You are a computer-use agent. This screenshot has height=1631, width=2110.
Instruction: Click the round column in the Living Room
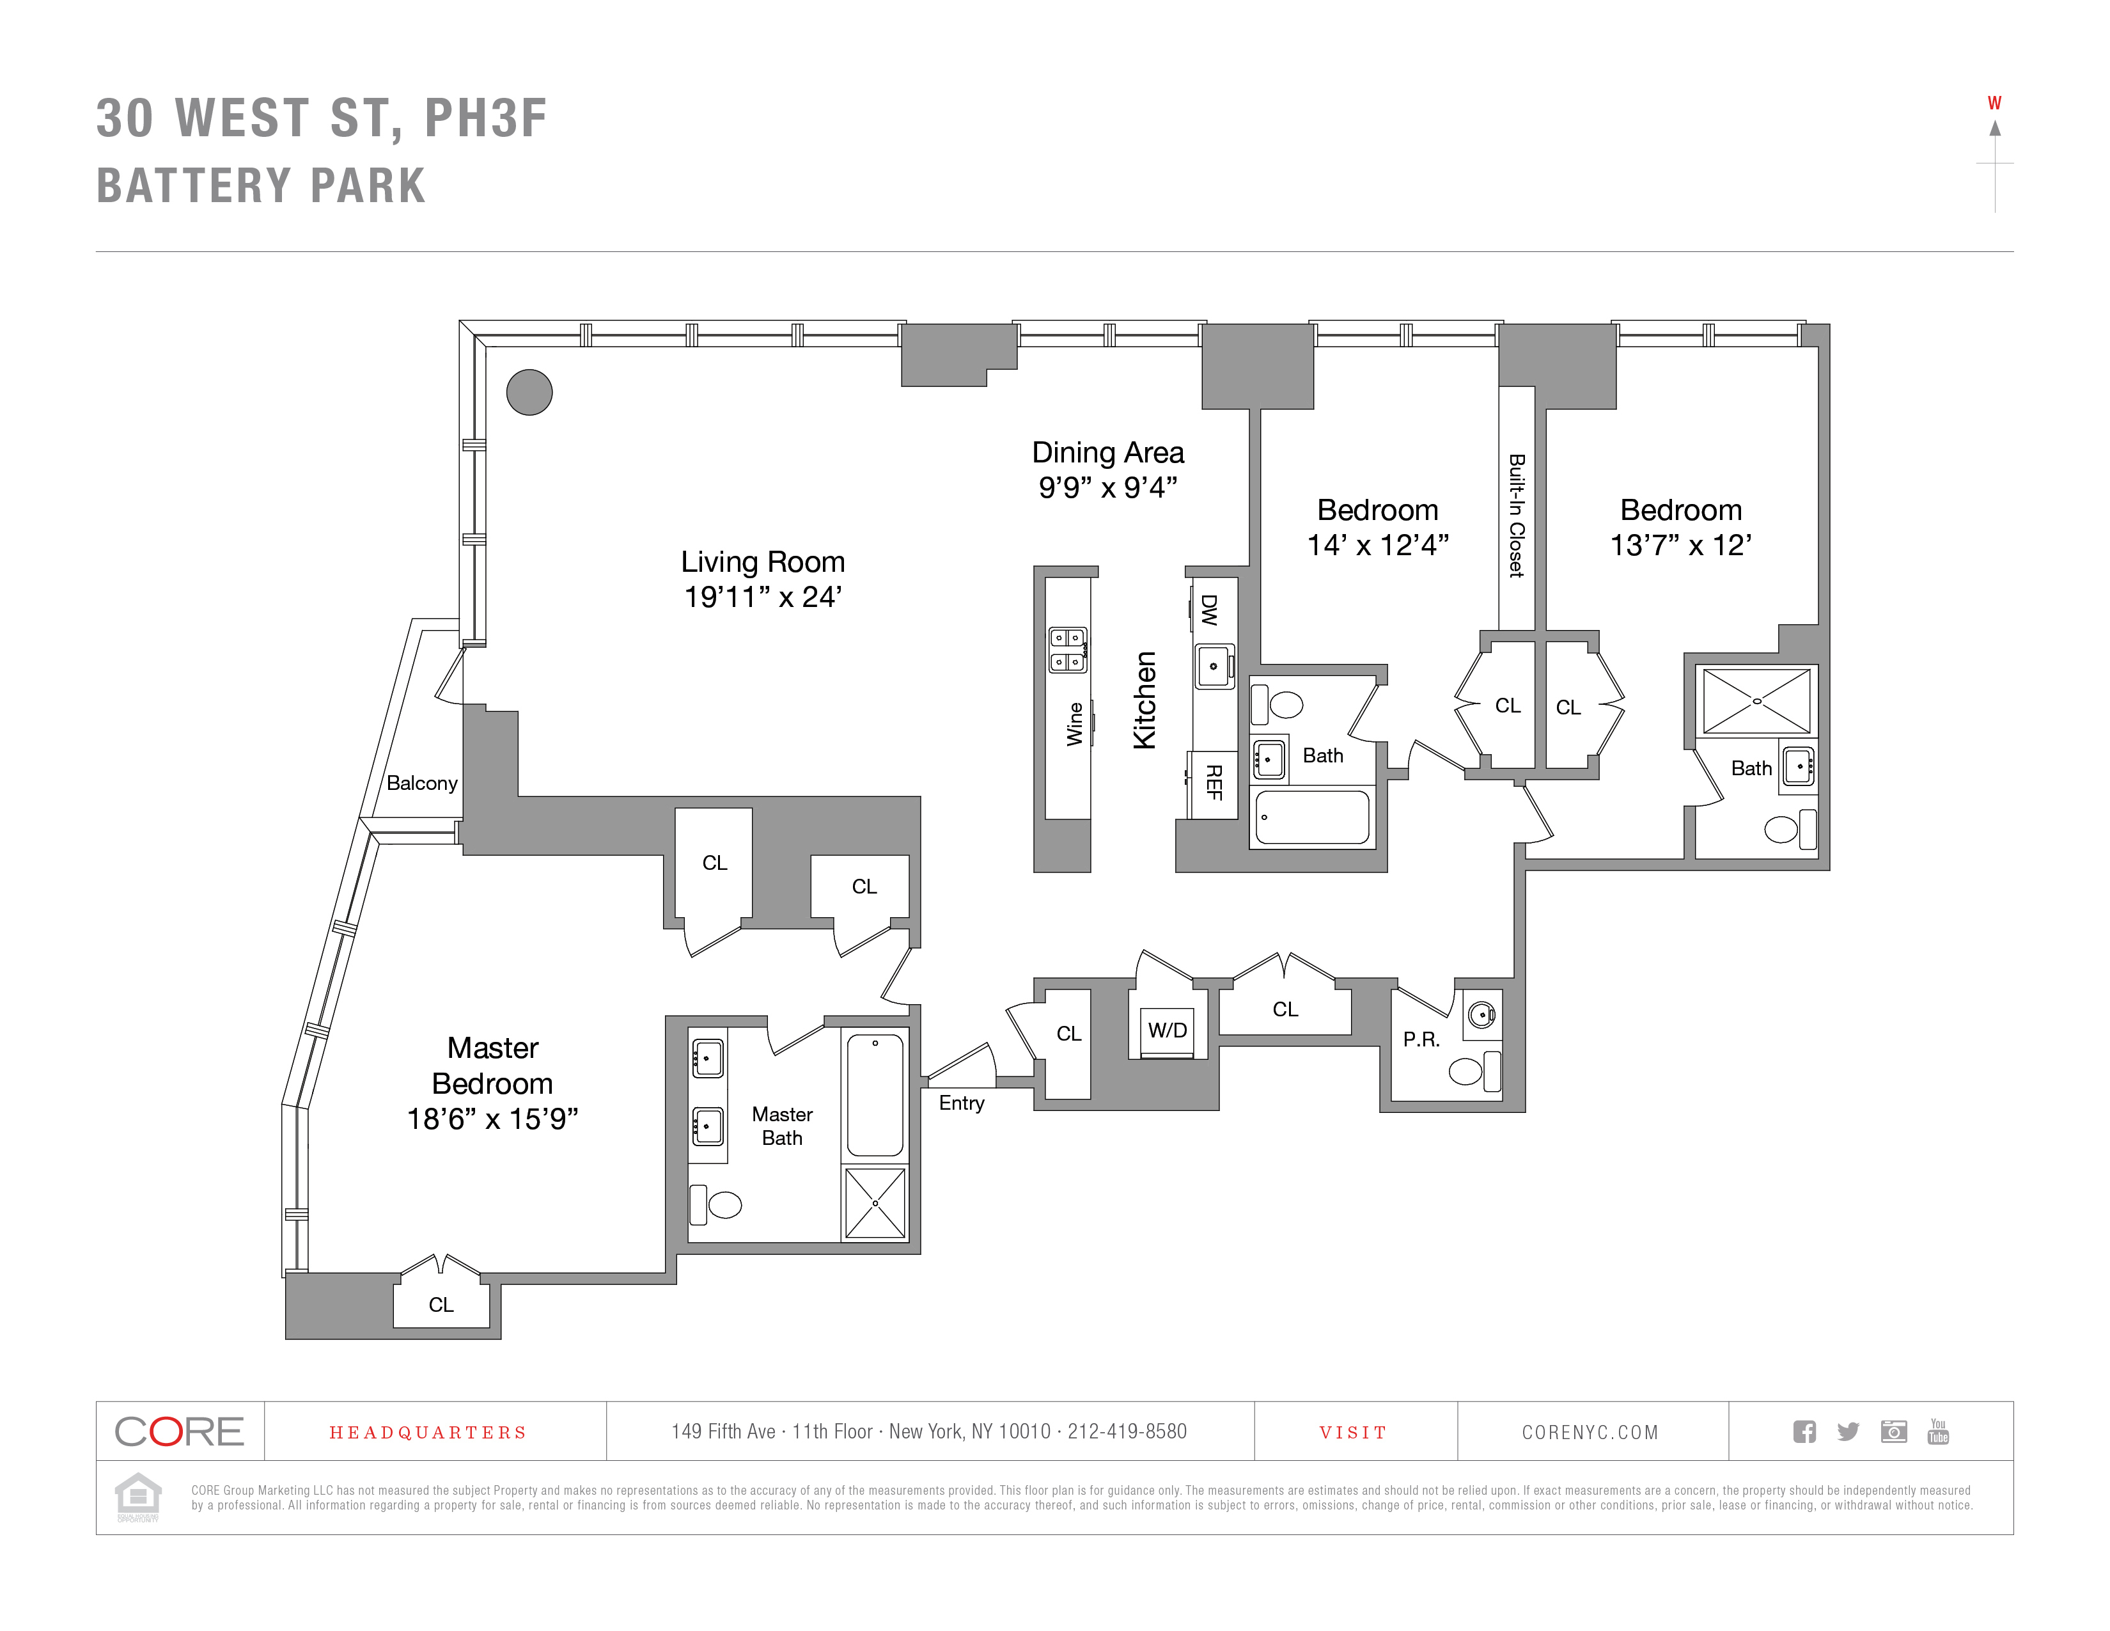coord(529,392)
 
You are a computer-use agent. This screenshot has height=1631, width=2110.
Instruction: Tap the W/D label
coord(1167,1030)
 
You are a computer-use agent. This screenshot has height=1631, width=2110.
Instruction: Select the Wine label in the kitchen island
coord(1074,723)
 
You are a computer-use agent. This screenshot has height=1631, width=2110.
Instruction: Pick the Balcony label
coord(421,783)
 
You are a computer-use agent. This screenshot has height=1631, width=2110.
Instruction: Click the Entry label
coord(961,1103)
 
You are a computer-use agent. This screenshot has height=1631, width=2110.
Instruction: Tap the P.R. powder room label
coord(1421,1039)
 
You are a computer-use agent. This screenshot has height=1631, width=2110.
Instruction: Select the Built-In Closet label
coord(1517,516)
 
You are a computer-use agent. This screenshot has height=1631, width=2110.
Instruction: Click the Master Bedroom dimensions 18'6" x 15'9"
coord(493,1119)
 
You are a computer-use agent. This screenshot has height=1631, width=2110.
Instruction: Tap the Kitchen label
coord(1145,700)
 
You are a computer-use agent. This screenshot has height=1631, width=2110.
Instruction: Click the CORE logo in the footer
coord(180,1431)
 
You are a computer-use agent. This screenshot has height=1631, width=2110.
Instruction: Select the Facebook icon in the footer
coord(1804,1431)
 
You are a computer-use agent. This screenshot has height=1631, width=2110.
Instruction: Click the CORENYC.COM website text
coord(1590,1432)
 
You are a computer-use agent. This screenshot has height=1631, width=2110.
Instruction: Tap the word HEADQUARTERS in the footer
coord(428,1432)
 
